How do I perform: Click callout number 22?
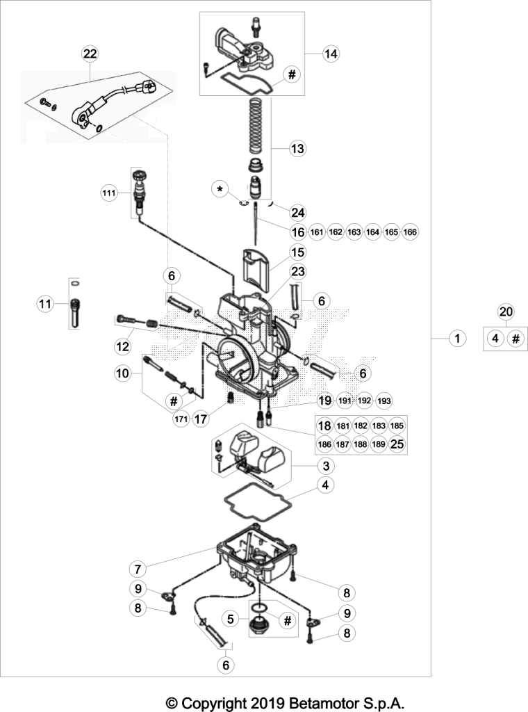click(x=90, y=54)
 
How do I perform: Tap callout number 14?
click(x=331, y=54)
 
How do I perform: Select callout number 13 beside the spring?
click(x=297, y=149)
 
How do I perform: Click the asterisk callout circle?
click(x=220, y=189)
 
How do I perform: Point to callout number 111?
click(x=109, y=193)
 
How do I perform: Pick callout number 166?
click(x=410, y=232)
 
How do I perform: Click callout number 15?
click(x=297, y=252)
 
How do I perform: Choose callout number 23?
click(x=298, y=272)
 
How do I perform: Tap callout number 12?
click(x=122, y=347)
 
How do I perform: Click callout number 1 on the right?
click(x=457, y=338)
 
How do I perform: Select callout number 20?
click(x=505, y=311)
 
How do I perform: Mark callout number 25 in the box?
click(x=397, y=444)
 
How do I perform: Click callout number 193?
click(x=384, y=401)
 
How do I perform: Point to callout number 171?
click(x=181, y=419)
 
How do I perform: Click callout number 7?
click(x=138, y=569)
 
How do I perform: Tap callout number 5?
click(x=231, y=619)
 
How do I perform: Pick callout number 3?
click(x=326, y=466)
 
